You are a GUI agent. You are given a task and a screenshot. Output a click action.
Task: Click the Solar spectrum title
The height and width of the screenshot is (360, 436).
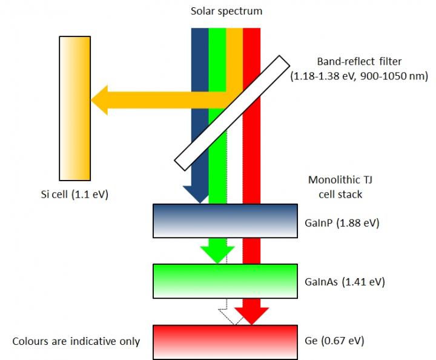pos(226,11)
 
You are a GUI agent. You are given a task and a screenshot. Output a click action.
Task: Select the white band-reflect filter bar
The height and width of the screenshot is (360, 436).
pos(230,113)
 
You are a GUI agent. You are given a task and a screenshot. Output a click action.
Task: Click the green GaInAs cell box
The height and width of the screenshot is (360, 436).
pos(225,281)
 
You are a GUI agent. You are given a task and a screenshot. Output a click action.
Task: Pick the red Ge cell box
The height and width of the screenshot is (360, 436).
pos(225,342)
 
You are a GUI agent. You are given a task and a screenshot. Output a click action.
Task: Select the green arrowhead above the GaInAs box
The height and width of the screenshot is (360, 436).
pos(217,252)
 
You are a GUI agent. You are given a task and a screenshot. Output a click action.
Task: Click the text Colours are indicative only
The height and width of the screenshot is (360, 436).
pos(76,341)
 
